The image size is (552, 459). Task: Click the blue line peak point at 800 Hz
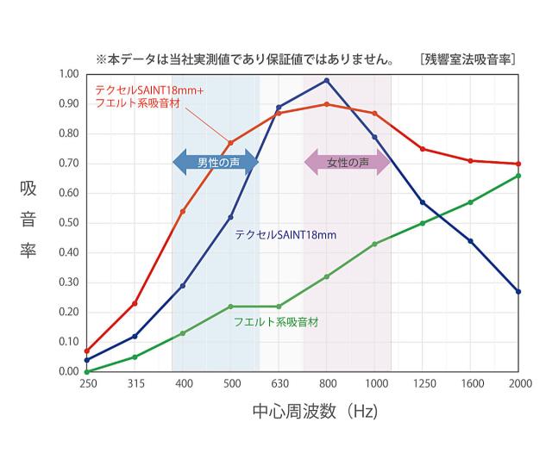click(326, 80)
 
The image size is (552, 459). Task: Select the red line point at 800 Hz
click(326, 104)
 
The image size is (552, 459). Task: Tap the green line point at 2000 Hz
click(518, 176)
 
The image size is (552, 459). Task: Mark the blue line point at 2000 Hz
click(518, 291)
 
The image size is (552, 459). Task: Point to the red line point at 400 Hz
click(182, 211)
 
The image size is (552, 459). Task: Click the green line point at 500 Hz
click(230, 307)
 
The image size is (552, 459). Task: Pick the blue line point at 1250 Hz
click(422, 202)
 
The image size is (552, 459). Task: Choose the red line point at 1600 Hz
click(470, 161)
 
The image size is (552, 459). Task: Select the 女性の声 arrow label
click(348, 161)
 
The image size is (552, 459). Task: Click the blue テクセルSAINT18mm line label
click(285, 233)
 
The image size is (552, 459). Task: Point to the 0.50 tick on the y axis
click(66, 223)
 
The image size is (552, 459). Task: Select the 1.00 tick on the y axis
click(66, 74)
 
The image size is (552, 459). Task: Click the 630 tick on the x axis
click(279, 382)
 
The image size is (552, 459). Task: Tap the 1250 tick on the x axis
click(422, 382)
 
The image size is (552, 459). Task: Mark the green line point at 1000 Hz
click(374, 244)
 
